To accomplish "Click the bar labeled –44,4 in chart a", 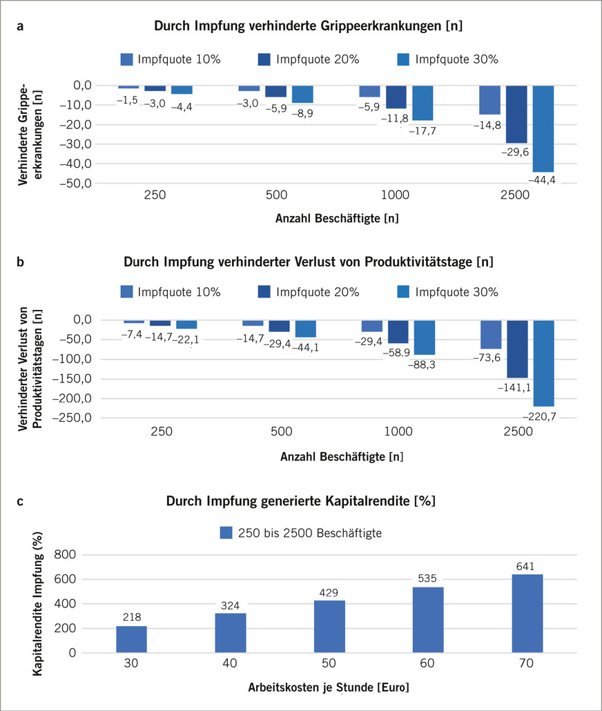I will pos(543,128).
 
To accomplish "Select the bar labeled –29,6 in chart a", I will pos(516,114).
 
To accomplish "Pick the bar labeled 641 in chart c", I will pos(527,613).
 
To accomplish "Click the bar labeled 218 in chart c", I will pos(131,639).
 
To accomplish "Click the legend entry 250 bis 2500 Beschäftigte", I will pos(300,533).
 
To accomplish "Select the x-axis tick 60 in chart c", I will pos(428,663).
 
